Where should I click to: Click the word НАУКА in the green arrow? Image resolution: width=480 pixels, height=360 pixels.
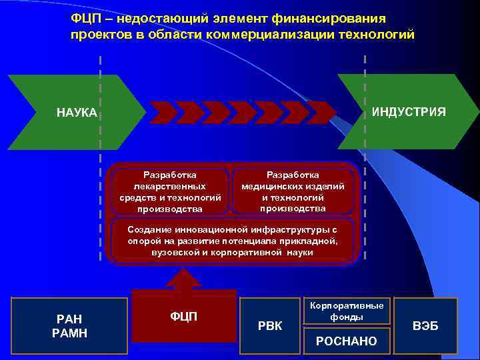[77, 113]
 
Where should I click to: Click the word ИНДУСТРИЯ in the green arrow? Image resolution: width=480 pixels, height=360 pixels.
[409, 111]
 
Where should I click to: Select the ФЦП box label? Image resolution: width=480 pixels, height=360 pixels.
[184, 315]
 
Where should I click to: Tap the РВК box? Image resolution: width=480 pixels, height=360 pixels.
[270, 325]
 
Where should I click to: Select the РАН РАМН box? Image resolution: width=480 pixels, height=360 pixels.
[70, 325]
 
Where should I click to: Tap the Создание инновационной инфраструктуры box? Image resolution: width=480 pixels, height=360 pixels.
[233, 241]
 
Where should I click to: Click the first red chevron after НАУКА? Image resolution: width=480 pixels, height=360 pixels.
[164, 113]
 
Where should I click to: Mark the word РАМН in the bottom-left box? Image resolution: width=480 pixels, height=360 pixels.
[70, 333]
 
